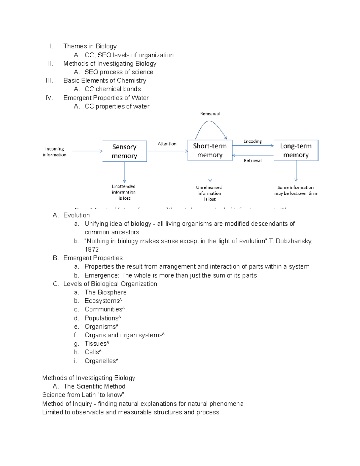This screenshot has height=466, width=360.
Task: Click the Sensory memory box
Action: coord(124,151)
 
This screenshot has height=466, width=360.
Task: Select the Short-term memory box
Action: coord(210,150)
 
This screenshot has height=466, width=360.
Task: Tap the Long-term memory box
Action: coord(296,150)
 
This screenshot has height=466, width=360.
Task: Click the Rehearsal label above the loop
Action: coord(210,114)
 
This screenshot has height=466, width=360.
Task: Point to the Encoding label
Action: coord(253,141)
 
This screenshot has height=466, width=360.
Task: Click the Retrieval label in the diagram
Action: coord(253,161)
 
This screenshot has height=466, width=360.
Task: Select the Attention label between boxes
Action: coord(167,144)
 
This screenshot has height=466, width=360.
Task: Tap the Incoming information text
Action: coord(55,152)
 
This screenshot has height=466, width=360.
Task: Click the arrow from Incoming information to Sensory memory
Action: coord(87,151)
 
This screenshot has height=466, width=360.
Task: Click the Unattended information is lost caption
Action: coord(124,192)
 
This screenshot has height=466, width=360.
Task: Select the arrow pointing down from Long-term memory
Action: coord(296,171)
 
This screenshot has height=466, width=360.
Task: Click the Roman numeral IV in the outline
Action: coord(49,98)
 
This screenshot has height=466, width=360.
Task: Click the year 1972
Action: coord(91,250)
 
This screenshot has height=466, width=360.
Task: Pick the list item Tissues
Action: coord(96,344)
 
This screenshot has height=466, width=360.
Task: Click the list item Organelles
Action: coord(100,361)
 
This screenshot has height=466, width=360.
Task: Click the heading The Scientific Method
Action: coord(94,386)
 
